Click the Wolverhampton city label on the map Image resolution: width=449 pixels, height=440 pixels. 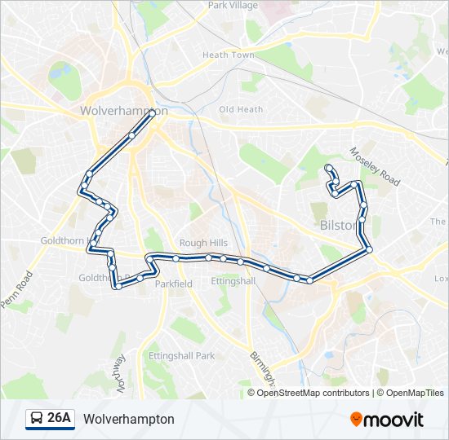(x=124, y=111)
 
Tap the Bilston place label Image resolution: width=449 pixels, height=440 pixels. (x=336, y=225)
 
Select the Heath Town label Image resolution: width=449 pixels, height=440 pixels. (x=228, y=55)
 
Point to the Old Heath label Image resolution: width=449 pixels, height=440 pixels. (x=241, y=109)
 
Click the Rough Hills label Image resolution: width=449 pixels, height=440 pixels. (x=203, y=243)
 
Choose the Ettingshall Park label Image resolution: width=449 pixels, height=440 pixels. (x=181, y=356)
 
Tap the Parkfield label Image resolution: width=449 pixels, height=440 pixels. (x=173, y=284)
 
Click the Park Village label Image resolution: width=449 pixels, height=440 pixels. (x=233, y=6)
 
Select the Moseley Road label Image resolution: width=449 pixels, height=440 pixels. (x=375, y=166)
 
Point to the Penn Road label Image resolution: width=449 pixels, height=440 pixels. (x=16, y=288)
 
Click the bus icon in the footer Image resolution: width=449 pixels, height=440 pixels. (x=36, y=419)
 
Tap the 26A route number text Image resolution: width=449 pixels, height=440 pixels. (x=59, y=419)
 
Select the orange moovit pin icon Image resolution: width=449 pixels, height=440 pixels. (x=357, y=420)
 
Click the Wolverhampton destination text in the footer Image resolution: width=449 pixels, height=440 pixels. (x=129, y=419)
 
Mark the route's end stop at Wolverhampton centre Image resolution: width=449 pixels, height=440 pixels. (x=152, y=115)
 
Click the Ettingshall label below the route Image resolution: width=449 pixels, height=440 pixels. (x=233, y=281)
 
